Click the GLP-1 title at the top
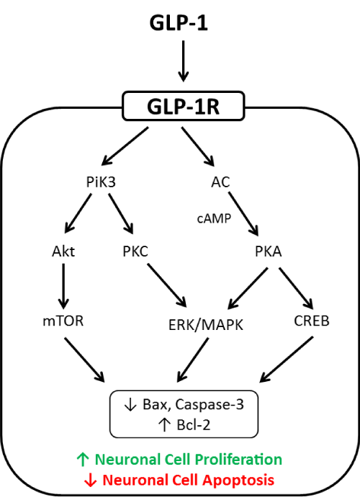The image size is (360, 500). pos(179,23)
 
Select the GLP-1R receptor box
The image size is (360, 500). pos(184,106)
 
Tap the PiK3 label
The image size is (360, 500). pos(101,182)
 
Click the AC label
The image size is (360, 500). pos(220,182)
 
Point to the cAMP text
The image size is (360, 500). pos(214,218)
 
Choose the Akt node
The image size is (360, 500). pos(63,251)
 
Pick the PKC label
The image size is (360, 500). pos(135,251)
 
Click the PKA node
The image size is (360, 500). pos(269,251)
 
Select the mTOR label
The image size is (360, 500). pos(63,321)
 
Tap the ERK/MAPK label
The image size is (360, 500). pos(205,325)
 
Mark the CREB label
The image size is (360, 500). pos(312,321)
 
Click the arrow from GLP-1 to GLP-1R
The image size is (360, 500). pos(183,61)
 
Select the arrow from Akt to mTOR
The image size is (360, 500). pos(63,286)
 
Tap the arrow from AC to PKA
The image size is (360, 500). pos(243,214)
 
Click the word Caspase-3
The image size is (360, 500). pos(210,405)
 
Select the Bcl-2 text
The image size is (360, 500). pos(194,425)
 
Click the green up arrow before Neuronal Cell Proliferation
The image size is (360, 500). pos(83,460)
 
